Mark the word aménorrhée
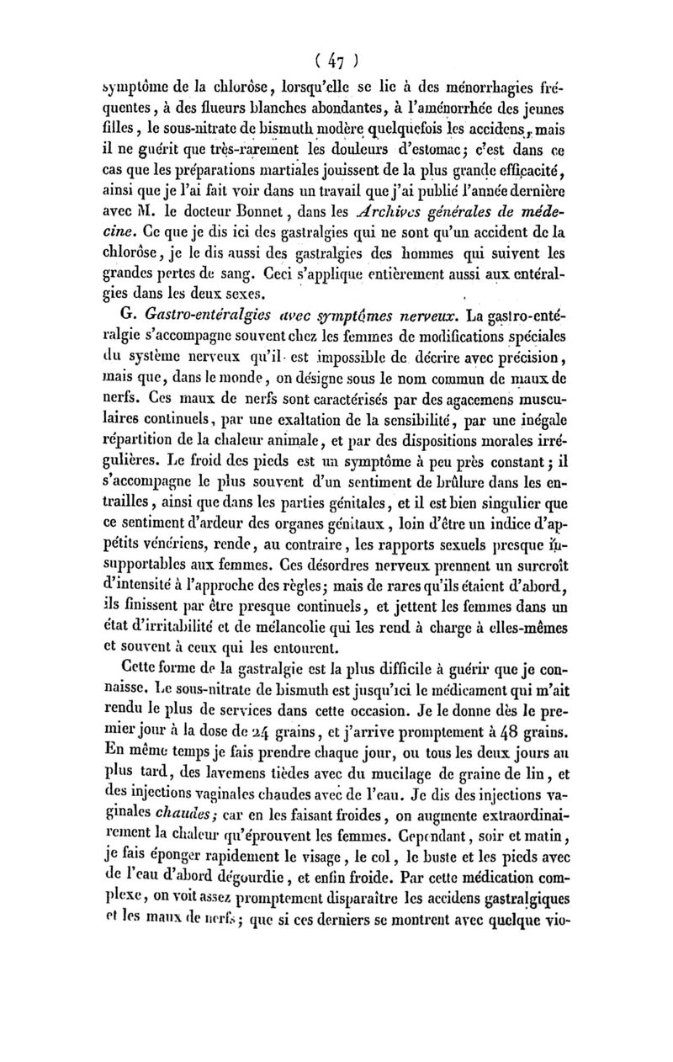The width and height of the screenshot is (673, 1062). click(x=515, y=109)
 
